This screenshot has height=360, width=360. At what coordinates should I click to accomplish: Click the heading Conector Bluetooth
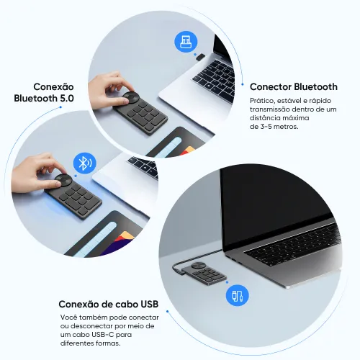point(293,87)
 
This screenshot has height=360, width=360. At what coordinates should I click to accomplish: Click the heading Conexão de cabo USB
point(108,303)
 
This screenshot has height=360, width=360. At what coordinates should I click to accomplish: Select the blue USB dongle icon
point(184,41)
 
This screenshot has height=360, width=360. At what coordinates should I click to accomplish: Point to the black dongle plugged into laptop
point(201,58)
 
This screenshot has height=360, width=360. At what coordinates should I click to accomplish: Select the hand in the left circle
point(40,170)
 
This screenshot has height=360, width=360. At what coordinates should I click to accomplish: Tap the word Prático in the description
point(261,100)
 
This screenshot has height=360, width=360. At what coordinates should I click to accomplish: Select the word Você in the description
point(68,318)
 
